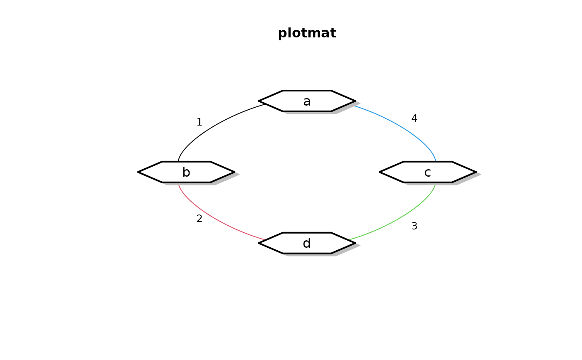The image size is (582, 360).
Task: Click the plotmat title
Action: click(x=307, y=33)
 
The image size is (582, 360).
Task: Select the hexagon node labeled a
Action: click(x=307, y=101)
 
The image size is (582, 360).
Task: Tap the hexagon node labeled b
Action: click(x=186, y=172)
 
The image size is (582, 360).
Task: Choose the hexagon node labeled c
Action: click(x=427, y=172)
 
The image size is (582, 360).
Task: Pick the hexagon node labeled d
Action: click(x=307, y=243)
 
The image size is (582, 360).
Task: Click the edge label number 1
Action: click(x=199, y=122)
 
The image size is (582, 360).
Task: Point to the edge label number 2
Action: click(x=199, y=219)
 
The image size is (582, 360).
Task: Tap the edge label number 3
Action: click(x=414, y=226)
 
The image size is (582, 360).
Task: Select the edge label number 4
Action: click(x=414, y=118)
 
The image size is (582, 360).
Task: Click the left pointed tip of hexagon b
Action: click(x=139, y=172)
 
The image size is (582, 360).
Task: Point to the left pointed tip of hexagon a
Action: click(x=259, y=101)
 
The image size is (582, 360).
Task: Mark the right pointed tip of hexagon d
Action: click(x=355, y=243)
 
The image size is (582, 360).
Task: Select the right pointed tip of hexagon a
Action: click(x=355, y=101)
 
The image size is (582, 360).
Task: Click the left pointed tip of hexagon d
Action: click(x=259, y=243)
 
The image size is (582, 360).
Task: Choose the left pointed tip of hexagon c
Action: click(x=380, y=172)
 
